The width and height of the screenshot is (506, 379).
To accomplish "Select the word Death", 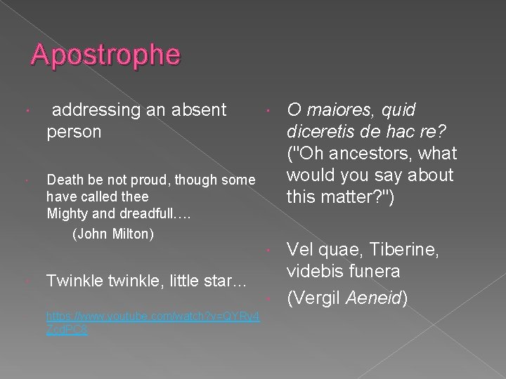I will [x=64, y=180].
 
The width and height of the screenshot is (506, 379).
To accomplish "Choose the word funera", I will [x=376, y=271].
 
